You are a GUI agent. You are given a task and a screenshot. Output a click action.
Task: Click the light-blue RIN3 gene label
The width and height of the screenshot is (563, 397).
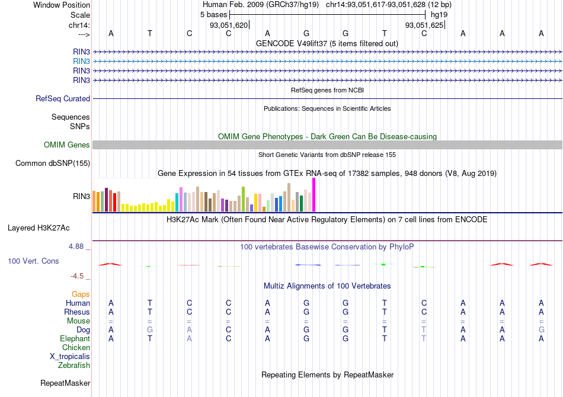tap(81, 61)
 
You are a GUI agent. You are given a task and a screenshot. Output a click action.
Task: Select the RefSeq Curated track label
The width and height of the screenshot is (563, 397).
tap(63, 99)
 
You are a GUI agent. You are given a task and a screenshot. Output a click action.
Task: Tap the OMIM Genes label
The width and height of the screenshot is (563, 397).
tap(67, 145)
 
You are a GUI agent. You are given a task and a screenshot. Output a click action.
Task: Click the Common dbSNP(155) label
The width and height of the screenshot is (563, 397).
tap(53, 164)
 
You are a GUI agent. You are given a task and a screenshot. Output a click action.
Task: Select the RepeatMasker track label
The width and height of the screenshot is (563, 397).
tap(65, 383)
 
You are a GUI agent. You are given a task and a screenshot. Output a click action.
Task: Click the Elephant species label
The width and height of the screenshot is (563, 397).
tap(75, 338)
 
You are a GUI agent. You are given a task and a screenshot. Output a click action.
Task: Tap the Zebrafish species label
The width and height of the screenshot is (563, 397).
tap(74, 366)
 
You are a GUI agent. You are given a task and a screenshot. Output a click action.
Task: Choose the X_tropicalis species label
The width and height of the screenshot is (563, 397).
tap(70, 357)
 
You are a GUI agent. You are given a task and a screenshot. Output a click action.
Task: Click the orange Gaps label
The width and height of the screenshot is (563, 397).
tap(81, 294)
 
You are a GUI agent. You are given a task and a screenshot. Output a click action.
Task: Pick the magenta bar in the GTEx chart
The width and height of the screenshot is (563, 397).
tap(314, 194)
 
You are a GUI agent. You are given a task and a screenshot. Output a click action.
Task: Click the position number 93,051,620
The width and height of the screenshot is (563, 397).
tap(229, 25)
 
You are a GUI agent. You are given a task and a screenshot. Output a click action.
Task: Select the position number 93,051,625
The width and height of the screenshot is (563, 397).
tap(424, 25)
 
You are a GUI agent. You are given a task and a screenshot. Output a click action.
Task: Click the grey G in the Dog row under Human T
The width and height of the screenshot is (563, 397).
tap(150, 329)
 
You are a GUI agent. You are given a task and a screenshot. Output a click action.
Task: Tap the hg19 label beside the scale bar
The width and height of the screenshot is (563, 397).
tap(439, 14)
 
